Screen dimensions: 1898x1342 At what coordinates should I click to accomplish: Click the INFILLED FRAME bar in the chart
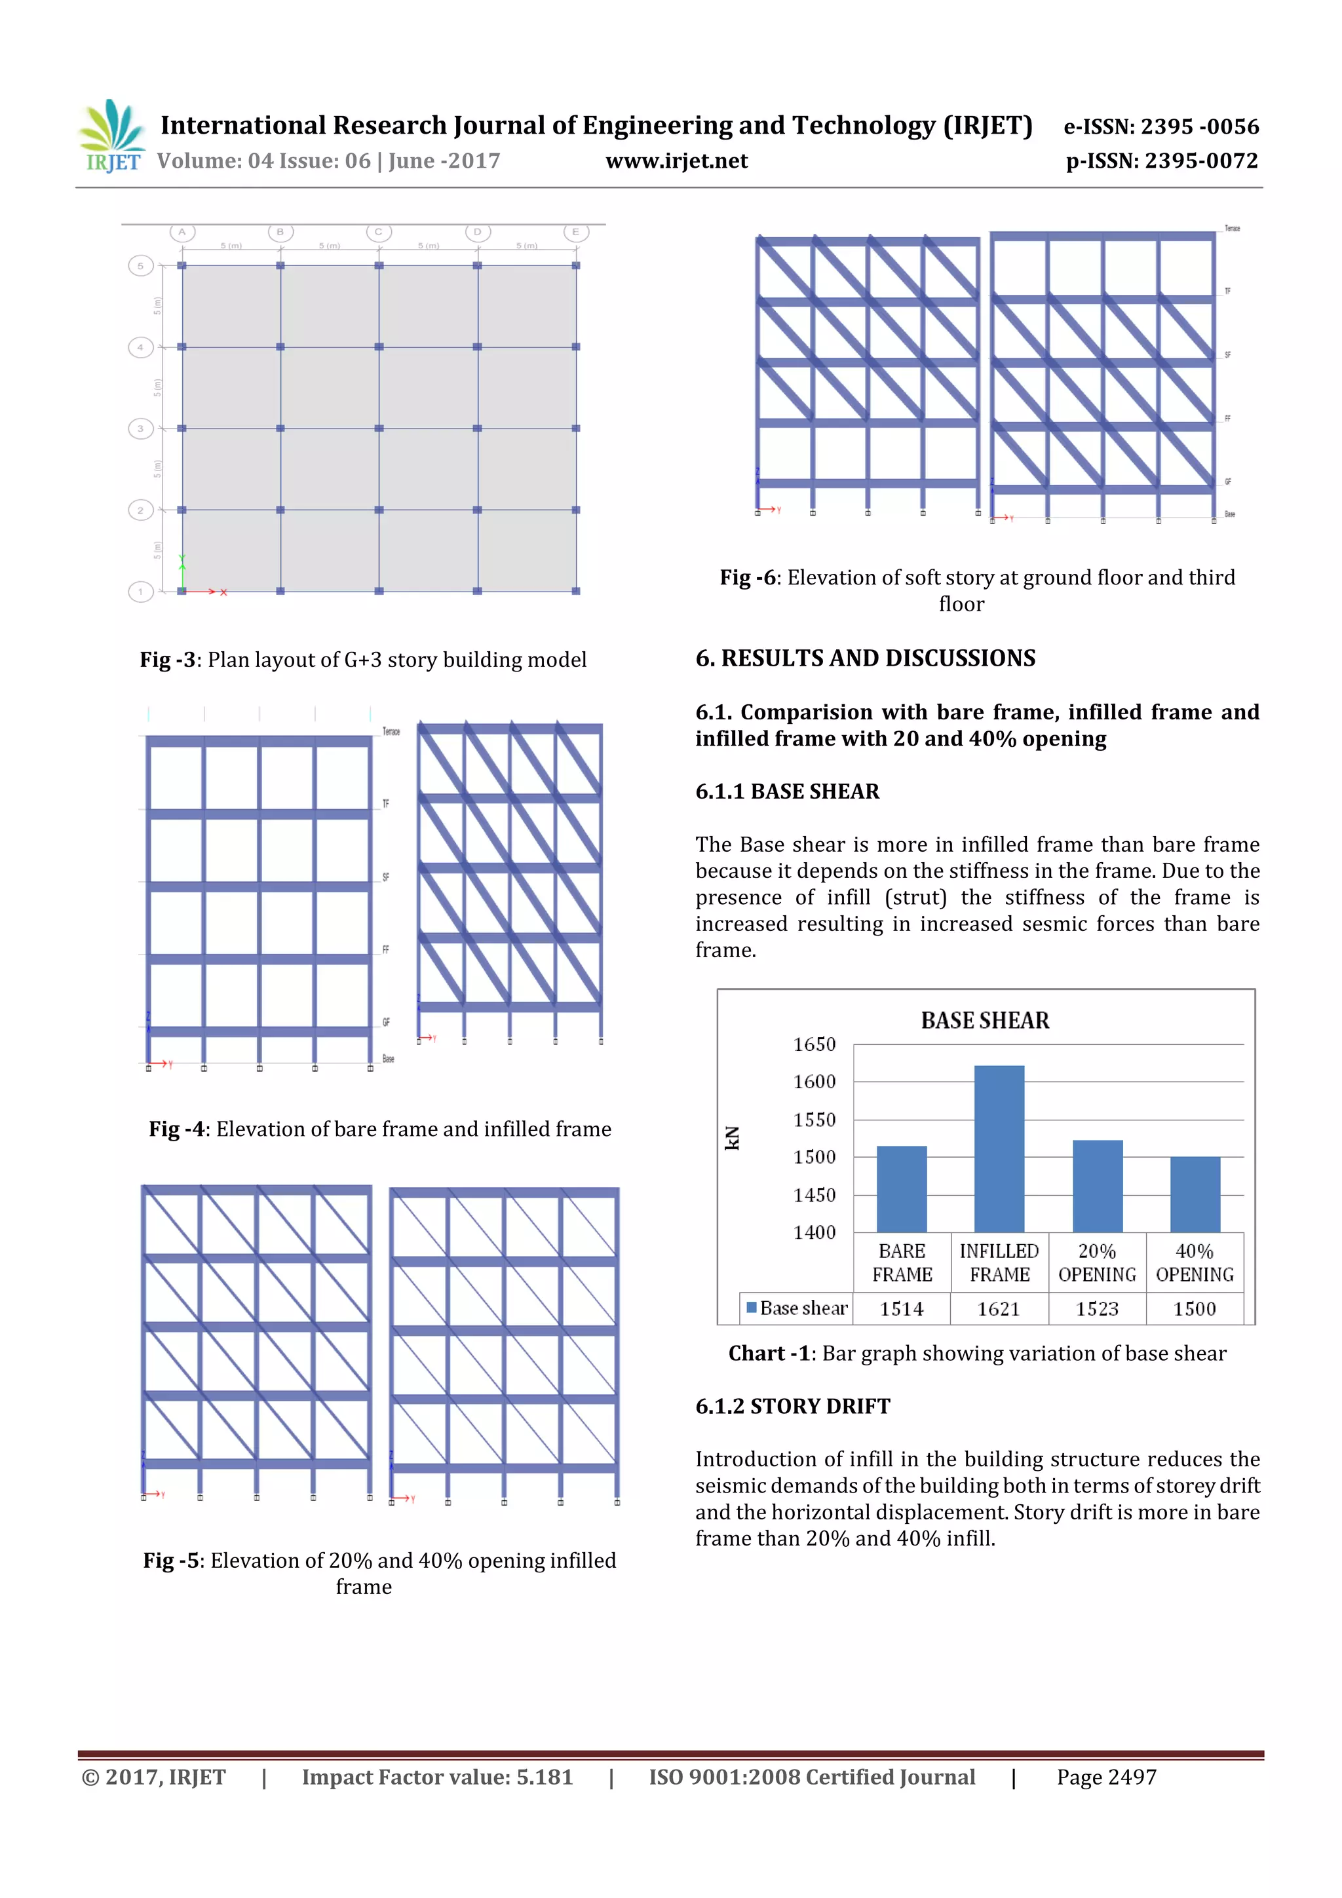(999, 1149)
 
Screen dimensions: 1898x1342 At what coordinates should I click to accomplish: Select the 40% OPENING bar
(1195, 1194)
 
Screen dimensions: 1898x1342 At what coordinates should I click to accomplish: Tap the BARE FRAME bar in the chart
(901, 1188)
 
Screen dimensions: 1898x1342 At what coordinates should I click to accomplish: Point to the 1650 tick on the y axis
(815, 1044)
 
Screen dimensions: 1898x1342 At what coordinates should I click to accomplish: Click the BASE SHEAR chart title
(985, 1020)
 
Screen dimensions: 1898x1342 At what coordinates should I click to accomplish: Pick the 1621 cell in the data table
(999, 1308)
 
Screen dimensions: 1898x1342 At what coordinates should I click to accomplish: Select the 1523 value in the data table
(1096, 1308)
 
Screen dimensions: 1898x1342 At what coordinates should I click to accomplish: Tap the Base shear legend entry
(797, 1308)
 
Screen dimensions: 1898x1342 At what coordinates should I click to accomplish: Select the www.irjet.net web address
(676, 161)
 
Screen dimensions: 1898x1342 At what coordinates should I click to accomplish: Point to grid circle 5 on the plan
(141, 266)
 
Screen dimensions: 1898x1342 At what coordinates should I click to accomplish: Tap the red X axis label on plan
(224, 592)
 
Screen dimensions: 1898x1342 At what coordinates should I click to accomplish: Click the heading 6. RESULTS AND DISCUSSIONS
(865, 658)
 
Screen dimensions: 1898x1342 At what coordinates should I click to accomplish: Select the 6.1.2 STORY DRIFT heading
(792, 1406)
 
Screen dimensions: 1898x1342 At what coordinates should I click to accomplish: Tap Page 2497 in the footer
(1106, 1777)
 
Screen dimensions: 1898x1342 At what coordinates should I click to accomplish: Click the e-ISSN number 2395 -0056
(1200, 126)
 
